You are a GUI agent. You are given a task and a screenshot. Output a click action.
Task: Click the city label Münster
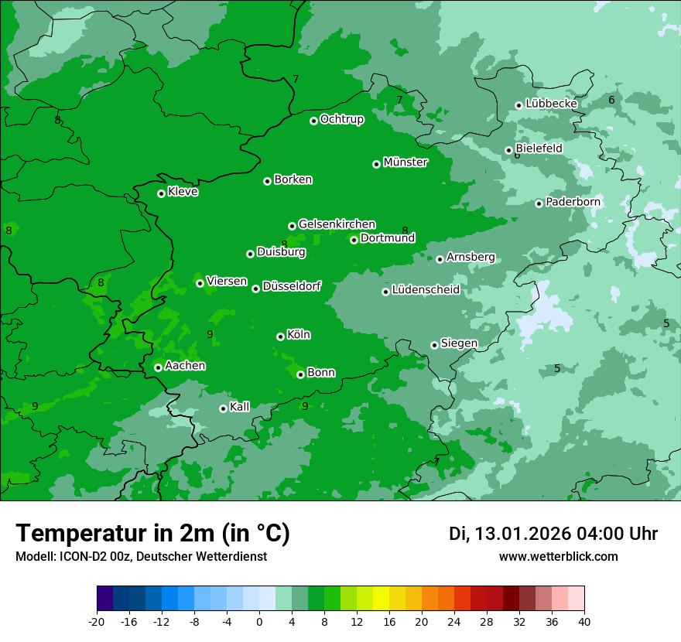click(406, 162)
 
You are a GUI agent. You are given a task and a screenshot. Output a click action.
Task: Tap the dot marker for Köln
click(280, 336)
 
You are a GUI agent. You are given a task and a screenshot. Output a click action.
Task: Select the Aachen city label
click(185, 366)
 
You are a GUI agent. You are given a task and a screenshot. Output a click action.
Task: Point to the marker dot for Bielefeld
click(508, 150)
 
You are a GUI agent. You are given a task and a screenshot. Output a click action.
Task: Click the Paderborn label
click(573, 202)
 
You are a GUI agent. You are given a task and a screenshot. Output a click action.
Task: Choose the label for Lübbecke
click(551, 104)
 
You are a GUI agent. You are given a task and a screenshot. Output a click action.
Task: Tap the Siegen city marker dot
click(434, 345)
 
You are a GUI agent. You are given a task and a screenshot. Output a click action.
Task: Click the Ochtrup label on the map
click(341, 119)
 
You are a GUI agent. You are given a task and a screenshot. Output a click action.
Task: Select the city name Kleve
click(183, 192)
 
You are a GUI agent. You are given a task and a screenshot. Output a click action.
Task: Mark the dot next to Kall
click(223, 408)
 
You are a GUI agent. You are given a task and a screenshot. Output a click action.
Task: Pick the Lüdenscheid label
click(426, 290)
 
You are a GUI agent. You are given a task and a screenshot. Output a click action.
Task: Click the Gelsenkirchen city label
click(337, 224)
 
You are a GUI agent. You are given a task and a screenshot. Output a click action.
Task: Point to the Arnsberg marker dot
click(440, 259)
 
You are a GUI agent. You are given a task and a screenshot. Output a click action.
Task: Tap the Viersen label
click(227, 282)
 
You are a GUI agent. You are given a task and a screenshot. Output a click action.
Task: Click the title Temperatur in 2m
click(152, 533)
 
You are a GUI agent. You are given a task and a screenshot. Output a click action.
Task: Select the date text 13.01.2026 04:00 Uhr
click(553, 534)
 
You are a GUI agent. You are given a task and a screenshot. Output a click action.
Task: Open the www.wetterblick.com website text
click(558, 557)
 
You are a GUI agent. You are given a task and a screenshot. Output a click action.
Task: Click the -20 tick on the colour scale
click(97, 622)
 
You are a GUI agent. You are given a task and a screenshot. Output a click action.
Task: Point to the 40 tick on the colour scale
click(584, 622)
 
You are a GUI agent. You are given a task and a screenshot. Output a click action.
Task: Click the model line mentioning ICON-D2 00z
click(141, 557)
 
